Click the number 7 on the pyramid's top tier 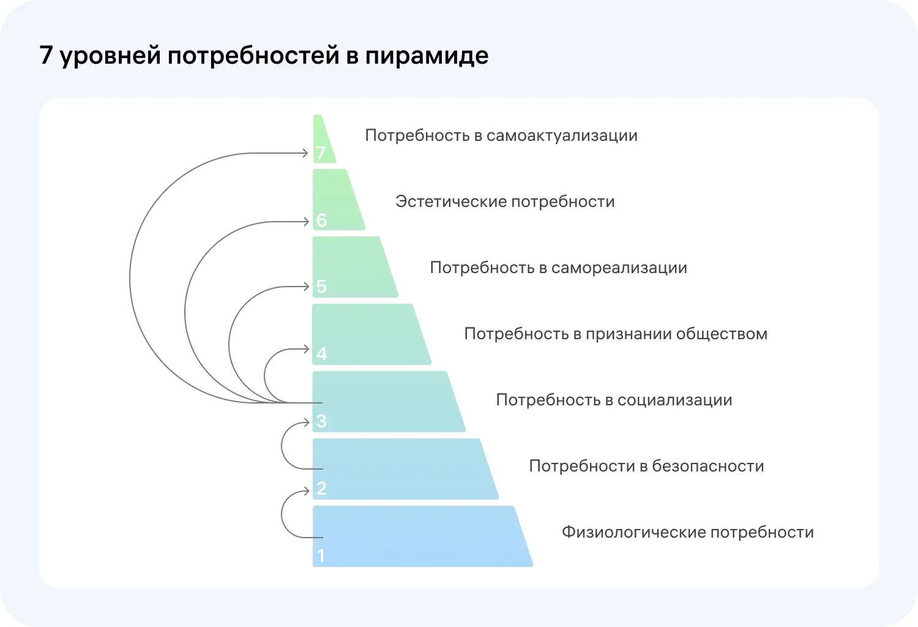point(321,152)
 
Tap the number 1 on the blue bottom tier point(321,555)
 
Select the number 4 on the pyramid point(321,353)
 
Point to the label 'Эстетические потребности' point(505,201)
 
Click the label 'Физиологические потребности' point(687,532)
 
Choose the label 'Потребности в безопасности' point(646,466)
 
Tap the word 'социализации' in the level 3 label point(674,400)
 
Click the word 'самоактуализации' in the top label point(562,135)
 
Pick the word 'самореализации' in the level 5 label point(619,268)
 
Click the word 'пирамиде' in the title point(427,56)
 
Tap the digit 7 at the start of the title point(46,56)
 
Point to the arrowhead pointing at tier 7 point(305,152)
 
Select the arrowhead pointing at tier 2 point(307,490)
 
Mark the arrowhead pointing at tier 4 point(307,349)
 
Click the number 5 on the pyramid point(321,286)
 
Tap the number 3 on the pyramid point(321,421)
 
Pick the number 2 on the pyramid point(321,488)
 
